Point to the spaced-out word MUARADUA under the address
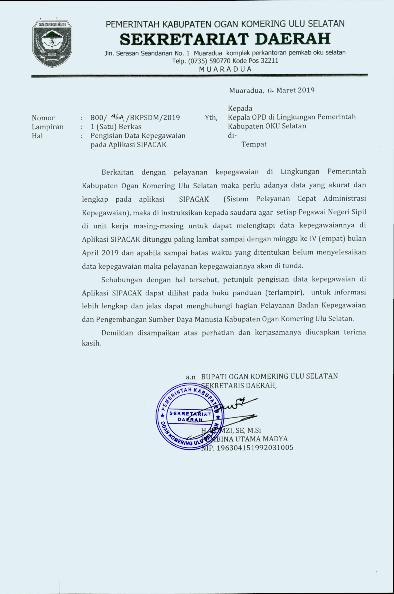225,69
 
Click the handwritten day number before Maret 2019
270,91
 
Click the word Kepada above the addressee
240,108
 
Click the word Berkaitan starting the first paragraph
117,172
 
